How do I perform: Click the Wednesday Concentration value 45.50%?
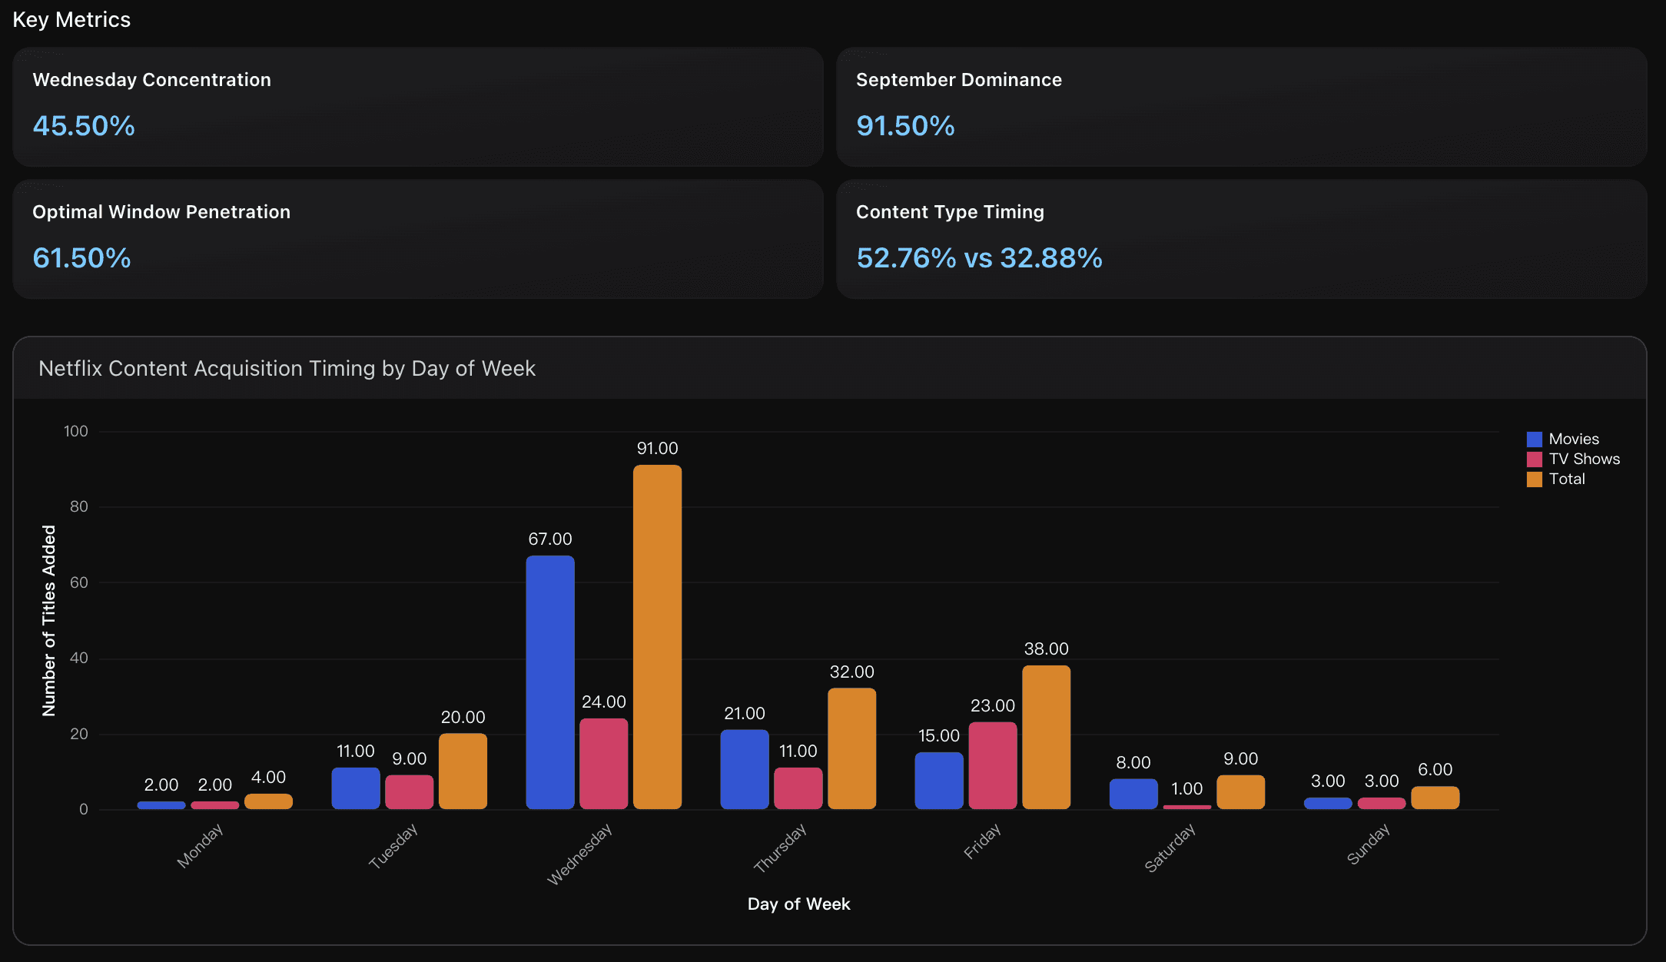(84, 126)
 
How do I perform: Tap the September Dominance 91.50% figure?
(905, 126)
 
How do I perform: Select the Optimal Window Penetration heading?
(161, 212)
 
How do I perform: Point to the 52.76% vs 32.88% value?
(979, 258)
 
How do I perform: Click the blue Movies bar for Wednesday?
(550, 682)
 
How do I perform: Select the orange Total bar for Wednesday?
(657, 637)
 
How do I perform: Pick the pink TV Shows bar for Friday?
(992, 765)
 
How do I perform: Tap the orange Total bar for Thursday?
(851, 748)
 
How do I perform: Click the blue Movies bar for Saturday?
(1133, 794)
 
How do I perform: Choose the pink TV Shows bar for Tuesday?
(409, 792)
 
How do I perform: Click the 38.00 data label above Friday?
(1046, 649)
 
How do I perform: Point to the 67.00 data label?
(550, 539)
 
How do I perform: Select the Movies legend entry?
(1572, 440)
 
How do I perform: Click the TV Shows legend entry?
(1583, 459)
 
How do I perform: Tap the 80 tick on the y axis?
(79, 506)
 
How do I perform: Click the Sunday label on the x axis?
(1368, 844)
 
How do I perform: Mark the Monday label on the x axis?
(200, 846)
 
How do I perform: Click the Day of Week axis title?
(798, 904)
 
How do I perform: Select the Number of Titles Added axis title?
(49, 621)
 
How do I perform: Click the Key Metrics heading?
(71, 20)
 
